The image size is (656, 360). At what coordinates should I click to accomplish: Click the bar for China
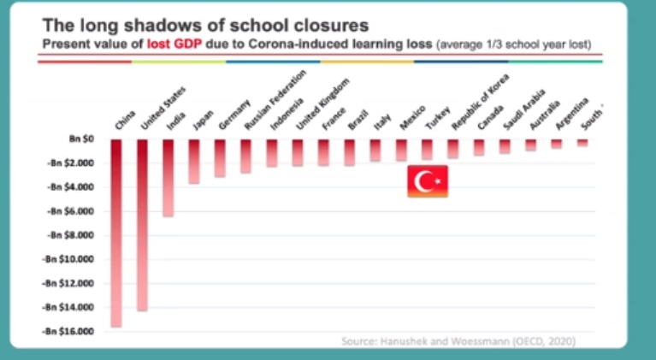coord(116,232)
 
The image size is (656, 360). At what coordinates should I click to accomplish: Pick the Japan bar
coord(194,162)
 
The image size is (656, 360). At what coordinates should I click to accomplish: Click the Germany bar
coord(220,158)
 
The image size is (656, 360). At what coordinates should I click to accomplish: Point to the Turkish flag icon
coord(427,181)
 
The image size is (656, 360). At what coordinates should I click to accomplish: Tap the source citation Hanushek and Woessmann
coord(458,341)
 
